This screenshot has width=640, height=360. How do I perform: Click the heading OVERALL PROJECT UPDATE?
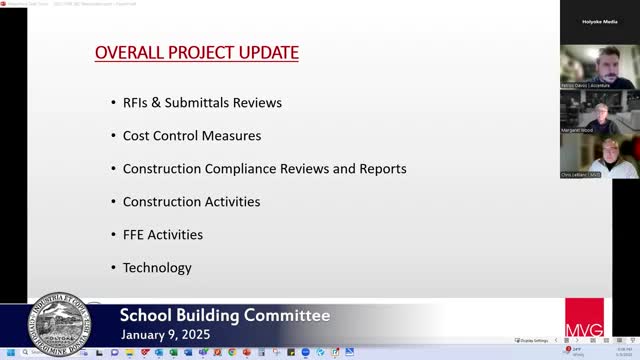[x=196, y=51]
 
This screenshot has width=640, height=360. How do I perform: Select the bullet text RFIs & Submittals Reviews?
[x=202, y=102]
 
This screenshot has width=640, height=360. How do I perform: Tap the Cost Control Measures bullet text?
[x=191, y=135]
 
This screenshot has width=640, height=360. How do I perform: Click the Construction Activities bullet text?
[x=191, y=201]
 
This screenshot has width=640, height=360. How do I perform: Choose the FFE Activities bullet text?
[x=162, y=234]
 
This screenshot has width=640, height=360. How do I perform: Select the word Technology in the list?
[x=157, y=267]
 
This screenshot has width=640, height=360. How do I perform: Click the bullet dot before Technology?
[x=111, y=268]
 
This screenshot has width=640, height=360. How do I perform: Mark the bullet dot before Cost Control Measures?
[x=111, y=136]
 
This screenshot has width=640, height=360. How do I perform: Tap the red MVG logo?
[x=584, y=317]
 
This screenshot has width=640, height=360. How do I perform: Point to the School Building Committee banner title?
[x=224, y=316]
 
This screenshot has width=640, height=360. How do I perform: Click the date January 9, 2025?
[x=175, y=335]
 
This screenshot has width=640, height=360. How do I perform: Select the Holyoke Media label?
[x=599, y=20]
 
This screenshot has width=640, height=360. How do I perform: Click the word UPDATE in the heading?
[x=267, y=51]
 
